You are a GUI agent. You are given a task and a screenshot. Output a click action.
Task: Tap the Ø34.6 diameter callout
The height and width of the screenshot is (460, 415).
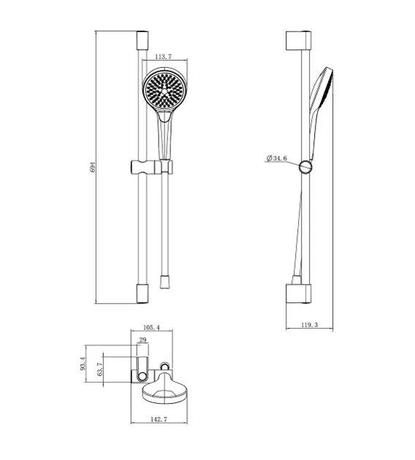click(277, 158)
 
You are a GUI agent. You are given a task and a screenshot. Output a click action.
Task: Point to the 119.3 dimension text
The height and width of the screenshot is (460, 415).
click(309, 325)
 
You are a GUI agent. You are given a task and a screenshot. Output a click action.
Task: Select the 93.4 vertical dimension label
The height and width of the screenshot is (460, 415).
click(85, 361)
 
